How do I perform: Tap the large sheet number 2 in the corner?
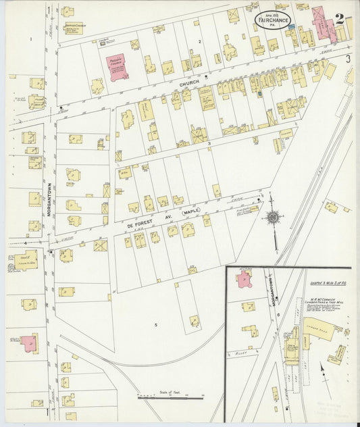point(340,18)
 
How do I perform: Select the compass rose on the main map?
point(273,217)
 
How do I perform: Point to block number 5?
point(155,325)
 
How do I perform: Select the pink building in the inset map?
point(239,278)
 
